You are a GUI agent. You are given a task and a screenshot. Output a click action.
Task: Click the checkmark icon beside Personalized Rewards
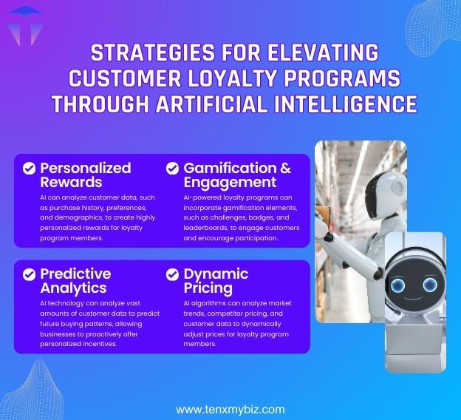tap(29, 169)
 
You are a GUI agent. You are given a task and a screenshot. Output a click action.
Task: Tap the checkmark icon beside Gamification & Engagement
tap(172, 169)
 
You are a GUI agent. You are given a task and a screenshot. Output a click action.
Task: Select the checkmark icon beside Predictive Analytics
tap(29, 274)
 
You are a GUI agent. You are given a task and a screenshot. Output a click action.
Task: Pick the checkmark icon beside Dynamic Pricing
tap(172, 274)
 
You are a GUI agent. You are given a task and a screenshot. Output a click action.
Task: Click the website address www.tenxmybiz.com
tap(230, 409)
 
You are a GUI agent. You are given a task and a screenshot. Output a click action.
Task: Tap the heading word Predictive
tap(75, 274)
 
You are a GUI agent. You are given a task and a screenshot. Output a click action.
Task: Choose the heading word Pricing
tap(208, 288)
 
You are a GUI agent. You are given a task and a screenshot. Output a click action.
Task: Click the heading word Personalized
tap(85, 168)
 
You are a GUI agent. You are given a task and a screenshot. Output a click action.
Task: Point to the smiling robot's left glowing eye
tap(398, 285)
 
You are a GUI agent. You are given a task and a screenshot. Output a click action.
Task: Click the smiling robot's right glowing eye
tap(430, 285)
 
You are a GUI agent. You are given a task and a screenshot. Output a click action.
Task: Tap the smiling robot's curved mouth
tap(414, 299)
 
